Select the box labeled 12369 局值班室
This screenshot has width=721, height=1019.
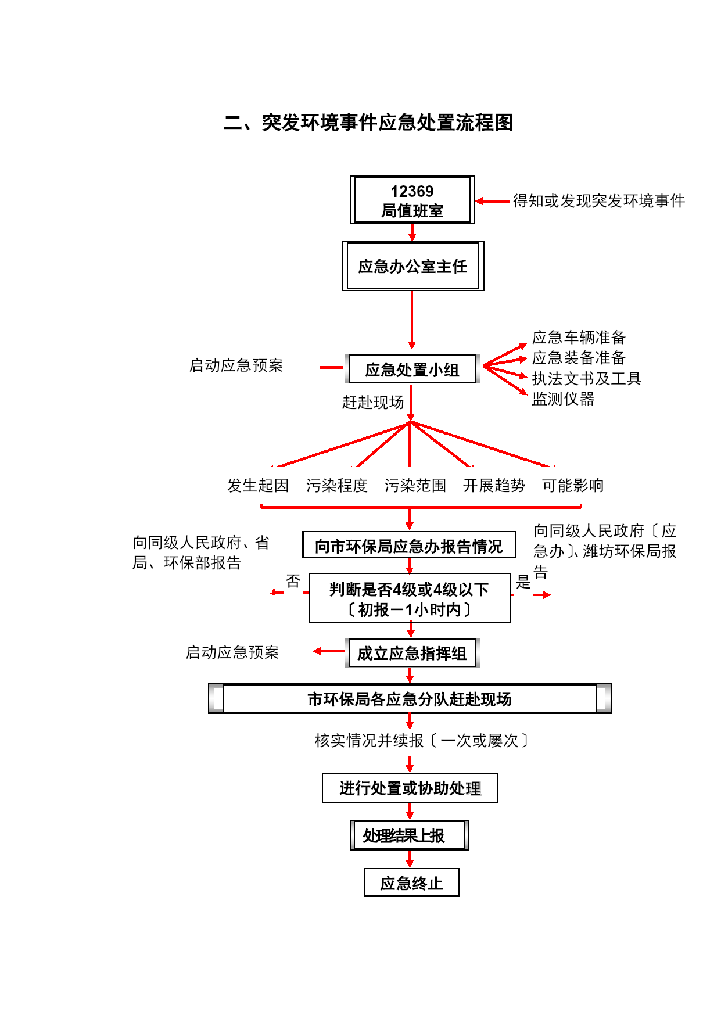pos(412,200)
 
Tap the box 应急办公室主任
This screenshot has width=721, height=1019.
pos(413,266)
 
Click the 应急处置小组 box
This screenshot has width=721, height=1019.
pos(412,369)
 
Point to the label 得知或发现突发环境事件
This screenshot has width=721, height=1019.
pos(599,201)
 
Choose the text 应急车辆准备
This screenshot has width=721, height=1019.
pos(579,337)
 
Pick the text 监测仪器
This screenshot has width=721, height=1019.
pos(563,399)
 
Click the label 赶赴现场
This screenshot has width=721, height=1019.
pos(373,402)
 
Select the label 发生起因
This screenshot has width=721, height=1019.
pos(258,485)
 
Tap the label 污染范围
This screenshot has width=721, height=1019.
pos(415,485)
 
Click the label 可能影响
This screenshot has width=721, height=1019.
pos(573,485)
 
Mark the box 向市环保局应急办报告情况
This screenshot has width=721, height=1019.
pos(409,545)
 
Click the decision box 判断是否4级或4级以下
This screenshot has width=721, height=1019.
pos(410,598)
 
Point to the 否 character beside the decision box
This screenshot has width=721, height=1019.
pos(293,581)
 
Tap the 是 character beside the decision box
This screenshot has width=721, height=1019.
pos(523,582)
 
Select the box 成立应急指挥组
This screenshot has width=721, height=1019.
pos(412,653)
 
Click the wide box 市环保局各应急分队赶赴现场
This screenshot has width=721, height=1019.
pos(410,699)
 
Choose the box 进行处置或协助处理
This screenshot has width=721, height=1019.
pos(410,788)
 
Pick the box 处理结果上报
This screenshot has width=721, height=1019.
pos(410,835)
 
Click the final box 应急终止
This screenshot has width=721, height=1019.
pos(412,882)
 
